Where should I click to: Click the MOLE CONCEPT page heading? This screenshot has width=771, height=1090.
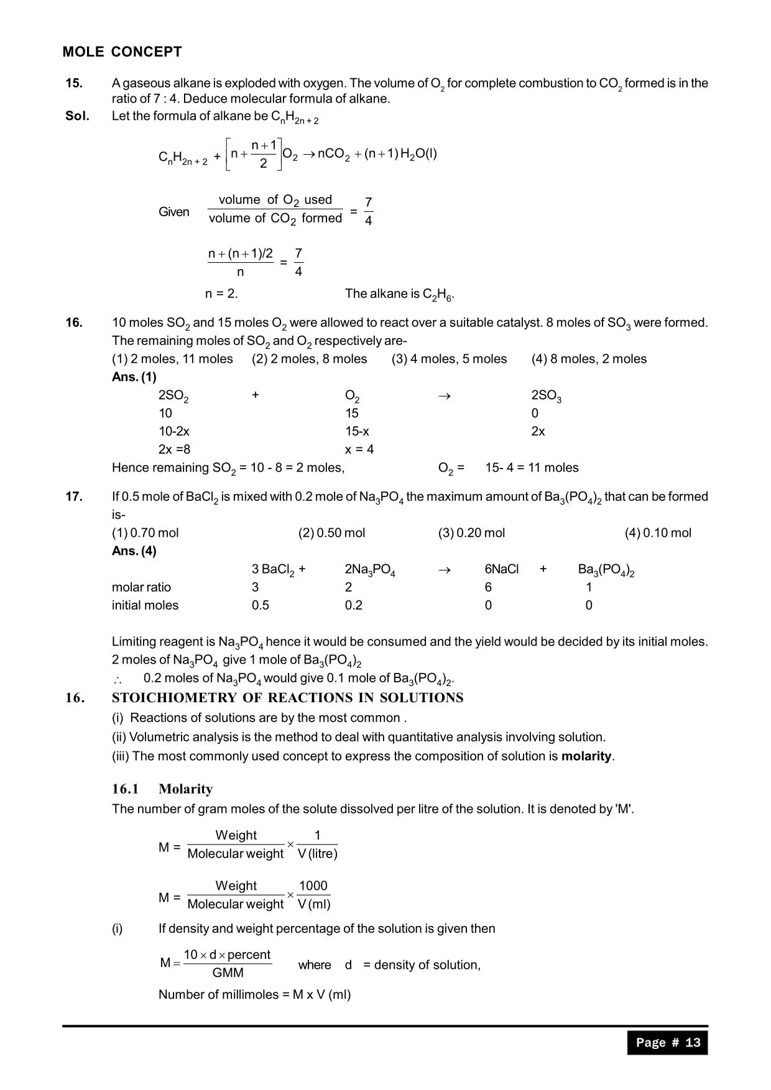(122, 52)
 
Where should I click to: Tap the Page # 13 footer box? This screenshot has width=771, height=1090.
(667, 1042)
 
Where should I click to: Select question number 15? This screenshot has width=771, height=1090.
(74, 83)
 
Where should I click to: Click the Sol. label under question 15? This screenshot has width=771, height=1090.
(77, 116)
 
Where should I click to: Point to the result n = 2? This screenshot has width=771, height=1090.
(221, 293)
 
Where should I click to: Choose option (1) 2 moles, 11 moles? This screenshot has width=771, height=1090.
(172, 359)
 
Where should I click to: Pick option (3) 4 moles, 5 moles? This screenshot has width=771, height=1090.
(449, 359)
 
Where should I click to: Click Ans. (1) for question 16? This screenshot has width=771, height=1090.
(134, 377)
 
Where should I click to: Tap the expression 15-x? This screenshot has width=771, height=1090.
(357, 431)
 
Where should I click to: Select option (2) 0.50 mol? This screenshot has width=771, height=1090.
(331, 533)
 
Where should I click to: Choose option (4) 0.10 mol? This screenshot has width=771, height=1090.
(658, 533)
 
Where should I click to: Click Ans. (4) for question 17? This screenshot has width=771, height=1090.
(134, 551)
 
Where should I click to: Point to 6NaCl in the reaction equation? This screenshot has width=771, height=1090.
(501, 569)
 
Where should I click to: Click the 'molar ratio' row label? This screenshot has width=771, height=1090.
(141, 587)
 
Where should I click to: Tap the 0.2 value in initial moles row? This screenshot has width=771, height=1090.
(353, 605)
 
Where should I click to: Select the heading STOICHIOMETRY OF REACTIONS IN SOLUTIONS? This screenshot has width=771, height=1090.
(287, 698)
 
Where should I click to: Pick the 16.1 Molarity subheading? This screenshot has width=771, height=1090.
(162, 789)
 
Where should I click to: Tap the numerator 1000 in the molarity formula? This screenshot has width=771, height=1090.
(313, 886)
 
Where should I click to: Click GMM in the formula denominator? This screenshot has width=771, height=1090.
(228, 973)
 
